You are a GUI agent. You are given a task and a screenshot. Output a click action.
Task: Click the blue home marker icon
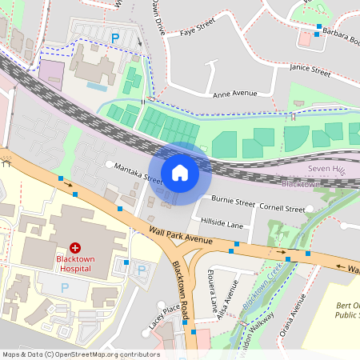(x=180, y=172)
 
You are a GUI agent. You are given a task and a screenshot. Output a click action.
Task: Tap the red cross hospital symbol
(x=76, y=249)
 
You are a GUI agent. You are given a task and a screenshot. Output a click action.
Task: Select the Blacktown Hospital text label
(x=76, y=263)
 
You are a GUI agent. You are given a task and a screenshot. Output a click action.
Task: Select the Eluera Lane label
(x=214, y=297)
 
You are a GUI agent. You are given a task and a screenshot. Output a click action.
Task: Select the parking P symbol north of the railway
(x=115, y=37)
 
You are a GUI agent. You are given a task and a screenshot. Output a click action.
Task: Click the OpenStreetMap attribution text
(x=81, y=354)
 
